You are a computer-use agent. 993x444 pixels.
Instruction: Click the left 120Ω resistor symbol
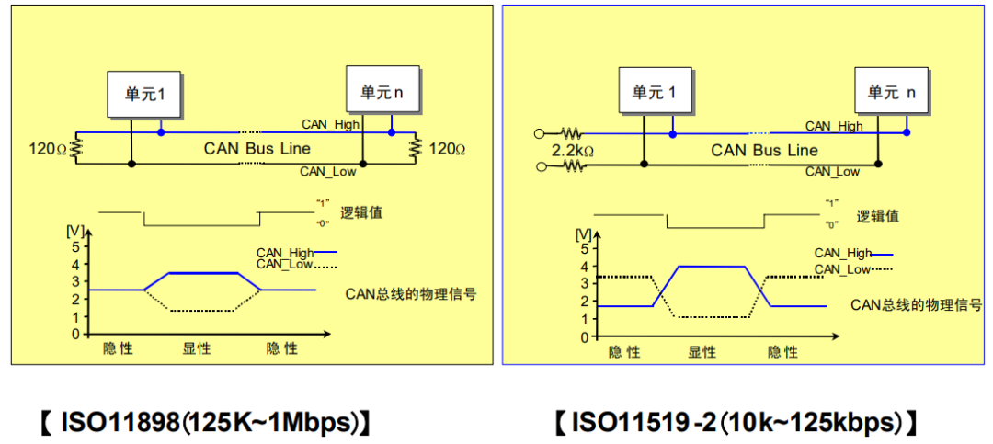coord(76,148)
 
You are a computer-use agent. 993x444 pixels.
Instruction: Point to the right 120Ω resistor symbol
coord(416,148)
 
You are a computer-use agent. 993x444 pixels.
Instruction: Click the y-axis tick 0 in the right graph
coord(585,337)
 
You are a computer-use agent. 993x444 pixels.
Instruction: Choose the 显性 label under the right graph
coord(702,352)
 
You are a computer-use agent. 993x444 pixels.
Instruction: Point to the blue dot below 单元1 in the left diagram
coord(161,132)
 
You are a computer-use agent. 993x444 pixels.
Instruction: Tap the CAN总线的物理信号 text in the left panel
coord(411,294)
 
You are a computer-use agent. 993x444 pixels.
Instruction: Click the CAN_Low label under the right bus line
coord(832,172)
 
